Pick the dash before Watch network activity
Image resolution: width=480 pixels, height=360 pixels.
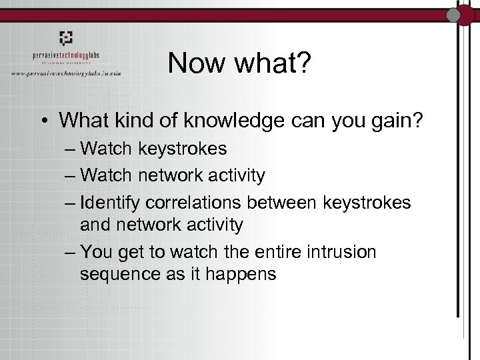coord(71,176)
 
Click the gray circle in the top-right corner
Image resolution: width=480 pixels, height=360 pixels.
coord(456,13)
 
